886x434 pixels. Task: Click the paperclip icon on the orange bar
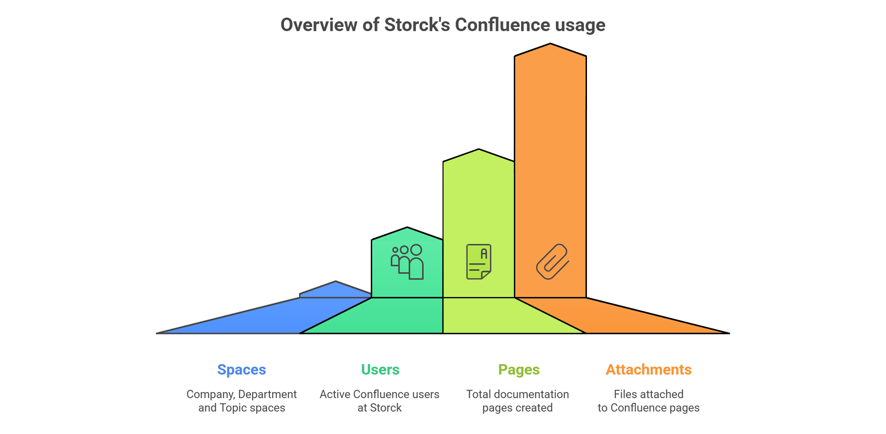[x=553, y=262]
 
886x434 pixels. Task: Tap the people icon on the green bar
[x=407, y=262]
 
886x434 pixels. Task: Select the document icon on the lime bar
[x=479, y=262]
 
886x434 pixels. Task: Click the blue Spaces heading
[x=242, y=370]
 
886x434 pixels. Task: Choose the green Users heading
[x=380, y=370]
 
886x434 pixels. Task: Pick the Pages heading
[x=519, y=370]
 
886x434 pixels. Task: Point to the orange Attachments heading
[x=649, y=370]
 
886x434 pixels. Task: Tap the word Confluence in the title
[x=503, y=25]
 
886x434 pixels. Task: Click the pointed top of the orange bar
[x=550, y=44]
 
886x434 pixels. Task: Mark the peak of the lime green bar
[x=479, y=149]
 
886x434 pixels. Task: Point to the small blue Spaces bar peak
[x=336, y=281]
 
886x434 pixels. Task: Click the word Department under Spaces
[x=267, y=394]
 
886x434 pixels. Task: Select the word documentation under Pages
[x=534, y=394]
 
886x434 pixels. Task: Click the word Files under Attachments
[x=625, y=394]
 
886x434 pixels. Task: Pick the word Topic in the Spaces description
[x=233, y=408]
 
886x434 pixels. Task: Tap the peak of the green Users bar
[x=407, y=227]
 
